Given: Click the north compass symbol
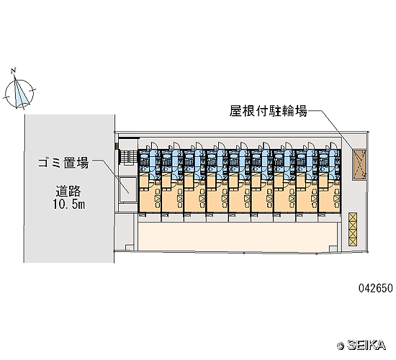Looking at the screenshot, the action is pyautogui.click(x=19, y=93).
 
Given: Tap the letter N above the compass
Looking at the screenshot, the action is pyautogui.click(x=14, y=71).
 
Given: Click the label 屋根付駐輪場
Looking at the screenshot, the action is pyautogui.click(x=269, y=111).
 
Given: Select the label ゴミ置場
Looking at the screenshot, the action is pyautogui.click(x=63, y=163).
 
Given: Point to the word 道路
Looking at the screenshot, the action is pyautogui.click(x=68, y=191).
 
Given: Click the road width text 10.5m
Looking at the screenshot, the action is pyautogui.click(x=69, y=204).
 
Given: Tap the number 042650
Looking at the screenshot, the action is pyautogui.click(x=376, y=288).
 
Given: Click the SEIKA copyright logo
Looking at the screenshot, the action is pyautogui.click(x=361, y=345).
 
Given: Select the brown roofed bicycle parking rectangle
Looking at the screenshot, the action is pyautogui.click(x=359, y=165).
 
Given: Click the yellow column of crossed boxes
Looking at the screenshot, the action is pyautogui.click(x=353, y=230).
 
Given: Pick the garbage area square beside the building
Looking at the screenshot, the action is pyautogui.click(x=128, y=189).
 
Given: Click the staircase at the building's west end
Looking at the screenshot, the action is pyautogui.click(x=128, y=158).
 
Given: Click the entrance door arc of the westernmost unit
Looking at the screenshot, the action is pyautogui.click(x=154, y=145).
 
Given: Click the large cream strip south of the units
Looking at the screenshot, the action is pyautogui.click(x=238, y=236).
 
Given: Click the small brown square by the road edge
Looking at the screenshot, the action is pyautogui.click(x=117, y=145).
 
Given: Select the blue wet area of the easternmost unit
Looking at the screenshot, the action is pyautogui.click(x=329, y=163).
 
